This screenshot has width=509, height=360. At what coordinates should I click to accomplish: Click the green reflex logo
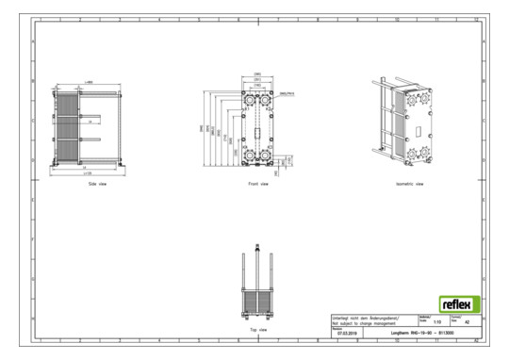click(459, 305)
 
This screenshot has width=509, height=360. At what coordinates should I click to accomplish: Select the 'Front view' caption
click(257, 184)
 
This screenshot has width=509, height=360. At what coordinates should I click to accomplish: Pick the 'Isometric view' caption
click(412, 184)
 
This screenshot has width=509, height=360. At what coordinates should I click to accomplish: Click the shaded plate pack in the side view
click(67, 127)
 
